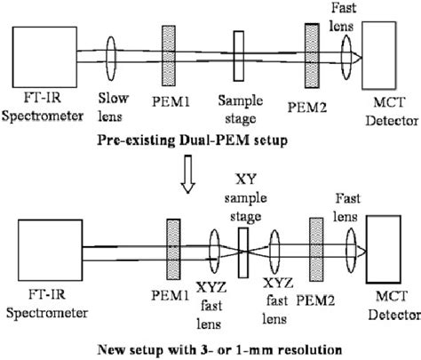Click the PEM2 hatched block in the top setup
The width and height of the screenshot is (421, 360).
pos(311,56)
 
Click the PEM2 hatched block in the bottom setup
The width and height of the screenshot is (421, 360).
pos(313,247)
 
